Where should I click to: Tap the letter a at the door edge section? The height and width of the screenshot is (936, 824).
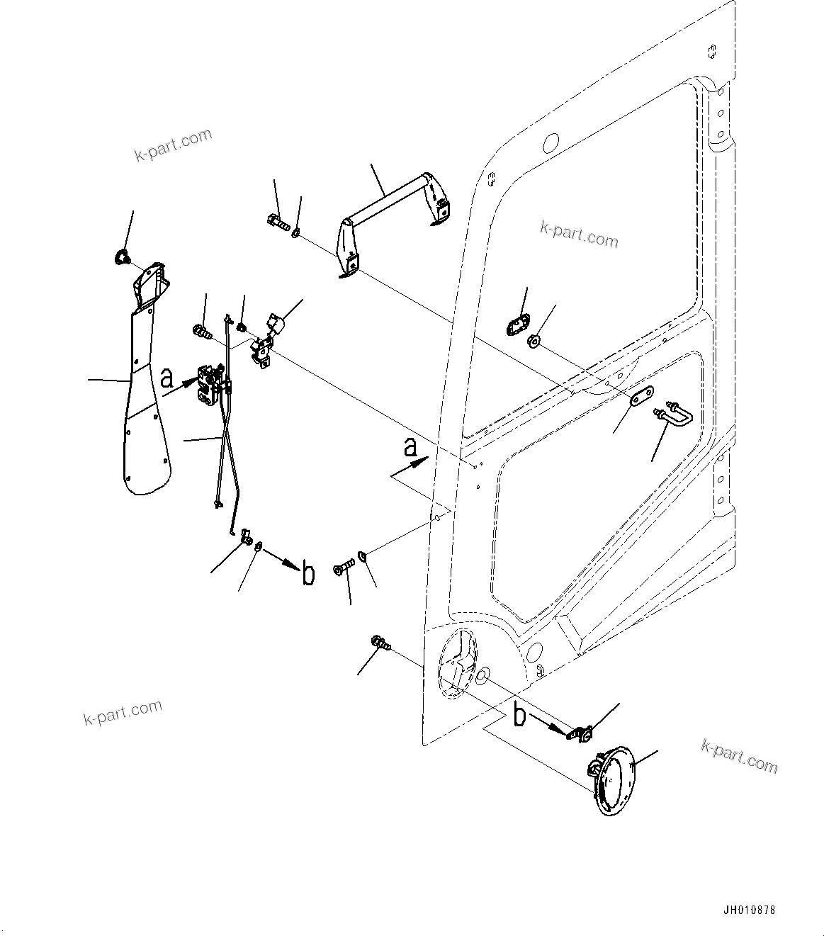410,448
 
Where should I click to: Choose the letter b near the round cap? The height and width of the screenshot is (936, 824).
519,716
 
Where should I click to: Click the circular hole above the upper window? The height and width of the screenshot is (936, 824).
551,143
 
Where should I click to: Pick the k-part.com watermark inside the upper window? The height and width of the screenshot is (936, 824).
579,234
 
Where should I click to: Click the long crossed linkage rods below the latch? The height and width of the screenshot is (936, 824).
227,453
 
